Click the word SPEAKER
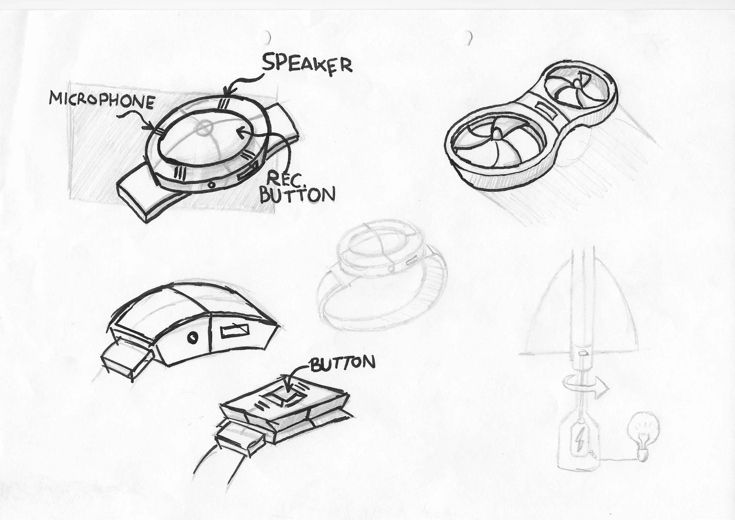307,64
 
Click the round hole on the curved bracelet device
193,337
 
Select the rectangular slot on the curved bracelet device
235,331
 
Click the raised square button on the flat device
284,397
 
